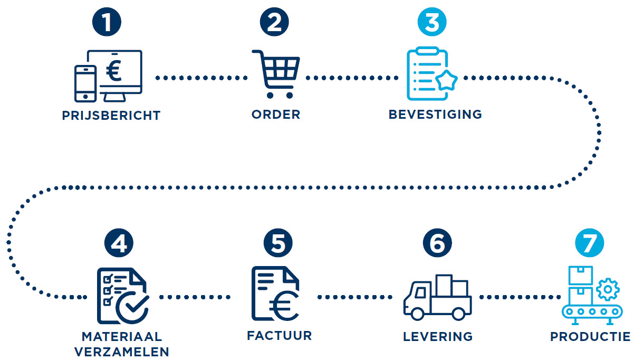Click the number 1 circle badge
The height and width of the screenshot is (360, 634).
[x=107, y=24]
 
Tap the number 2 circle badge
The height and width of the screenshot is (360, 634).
[x=275, y=24]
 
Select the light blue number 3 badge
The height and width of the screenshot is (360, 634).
[x=431, y=24]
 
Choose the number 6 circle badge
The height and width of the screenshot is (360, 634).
[x=437, y=244]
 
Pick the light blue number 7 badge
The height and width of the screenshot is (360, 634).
[x=589, y=244]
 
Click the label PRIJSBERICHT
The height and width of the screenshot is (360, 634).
[x=111, y=116]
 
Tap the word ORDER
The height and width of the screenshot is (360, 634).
[x=276, y=115]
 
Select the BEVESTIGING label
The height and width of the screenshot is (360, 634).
[x=435, y=115]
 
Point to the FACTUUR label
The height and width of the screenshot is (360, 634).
[x=279, y=336]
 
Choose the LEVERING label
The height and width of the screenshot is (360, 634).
[x=438, y=336]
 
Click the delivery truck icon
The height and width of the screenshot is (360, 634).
[x=437, y=298]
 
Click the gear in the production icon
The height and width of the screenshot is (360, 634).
[x=608, y=289]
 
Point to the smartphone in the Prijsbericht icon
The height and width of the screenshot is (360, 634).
[x=85, y=83]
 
